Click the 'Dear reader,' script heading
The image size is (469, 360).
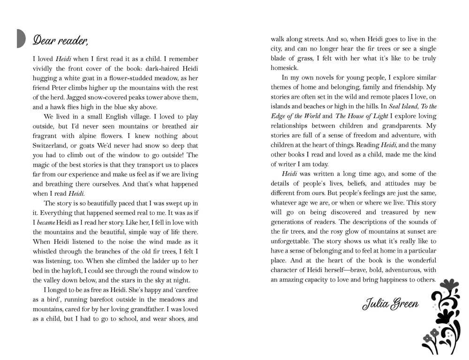point(60,40)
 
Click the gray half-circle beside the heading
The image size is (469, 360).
point(21,38)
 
